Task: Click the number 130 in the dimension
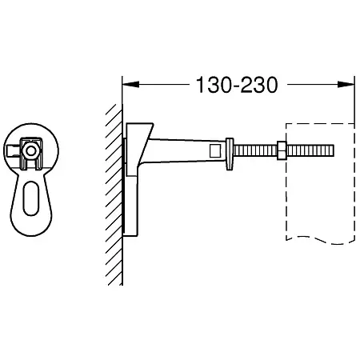pos(213,85)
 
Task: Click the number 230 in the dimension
pos(258,85)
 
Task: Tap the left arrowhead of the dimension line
pos(130,84)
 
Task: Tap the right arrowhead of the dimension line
pos(346,84)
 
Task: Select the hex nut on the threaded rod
pos(282,150)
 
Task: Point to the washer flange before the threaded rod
pos(230,154)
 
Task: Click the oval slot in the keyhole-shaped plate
pos(31,198)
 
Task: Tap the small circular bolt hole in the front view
pos(31,151)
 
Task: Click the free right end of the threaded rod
pos(334,150)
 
